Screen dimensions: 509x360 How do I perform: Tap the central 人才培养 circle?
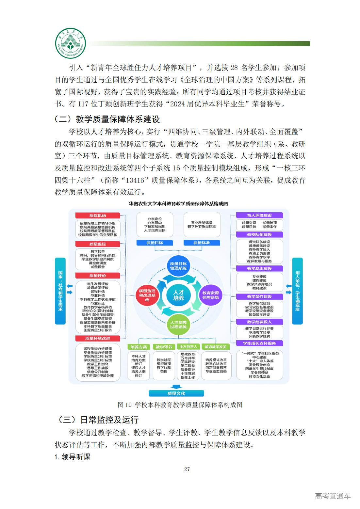[178, 295]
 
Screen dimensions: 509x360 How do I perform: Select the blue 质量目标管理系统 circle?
[178, 266]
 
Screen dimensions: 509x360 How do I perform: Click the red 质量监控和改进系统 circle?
[147, 295]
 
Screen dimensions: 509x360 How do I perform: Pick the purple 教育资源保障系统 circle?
[210, 295]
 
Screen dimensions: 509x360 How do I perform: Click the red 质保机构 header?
[98, 215]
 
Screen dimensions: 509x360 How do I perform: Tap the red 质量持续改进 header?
[98, 338]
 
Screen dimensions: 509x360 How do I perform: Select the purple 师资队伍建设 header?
[259, 234]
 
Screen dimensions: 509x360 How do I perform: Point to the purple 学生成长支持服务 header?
[259, 343]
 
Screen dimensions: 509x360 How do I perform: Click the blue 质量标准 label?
[202, 243]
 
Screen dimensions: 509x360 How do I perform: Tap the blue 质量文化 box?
[176, 393]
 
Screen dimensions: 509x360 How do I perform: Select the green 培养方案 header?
[139, 347]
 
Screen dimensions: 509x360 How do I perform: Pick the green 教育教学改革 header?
[216, 347]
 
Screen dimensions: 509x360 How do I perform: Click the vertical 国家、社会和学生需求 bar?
[60, 291]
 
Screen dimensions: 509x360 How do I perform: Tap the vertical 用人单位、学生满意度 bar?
[297, 291]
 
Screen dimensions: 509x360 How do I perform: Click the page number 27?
[187, 469]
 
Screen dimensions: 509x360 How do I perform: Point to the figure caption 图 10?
[180, 405]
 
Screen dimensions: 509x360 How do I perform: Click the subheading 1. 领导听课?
[73, 457]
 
